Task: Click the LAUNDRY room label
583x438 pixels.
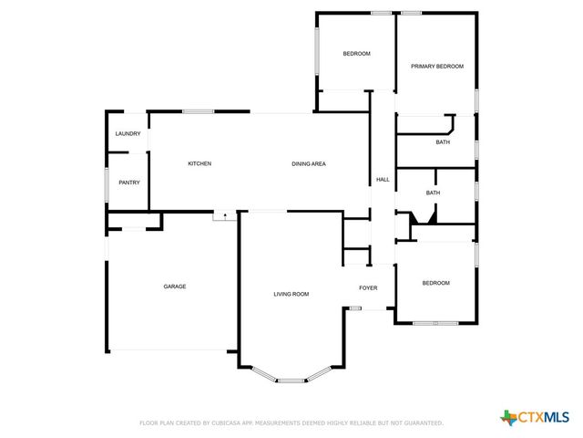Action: pyautogui.click(x=128, y=134)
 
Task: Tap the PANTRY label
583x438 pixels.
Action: pyautogui.click(x=129, y=182)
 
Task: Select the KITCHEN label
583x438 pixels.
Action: pyautogui.click(x=199, y=163)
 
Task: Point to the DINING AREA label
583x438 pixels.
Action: pyautogui.click(x=309, y=163)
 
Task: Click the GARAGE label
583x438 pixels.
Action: pyautogui.click(x=175, y=287)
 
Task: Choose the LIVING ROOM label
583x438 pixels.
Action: pyautogui.click(x=291, y=294)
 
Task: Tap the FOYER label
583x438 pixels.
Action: pyautogui.click(x=368, y=287)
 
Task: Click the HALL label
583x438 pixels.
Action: pyautogui.click(x=383, y=179)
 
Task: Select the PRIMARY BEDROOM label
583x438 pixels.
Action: pyautogui.click(x=437, y=67)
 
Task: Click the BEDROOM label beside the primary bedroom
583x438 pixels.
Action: pyautogui.click(x=356, y=54)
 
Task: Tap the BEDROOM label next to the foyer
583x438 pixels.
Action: pyautogui.click(x=435, y=283)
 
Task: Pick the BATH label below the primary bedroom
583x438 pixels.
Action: pyautogui.click(x=443, y=142)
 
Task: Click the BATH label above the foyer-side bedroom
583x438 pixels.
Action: pyautogui.click(x=434, y=193)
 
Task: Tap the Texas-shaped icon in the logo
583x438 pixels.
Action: pyautogui.click(x=507, y=417)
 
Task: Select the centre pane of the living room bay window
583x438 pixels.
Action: pyautogui.click(x=291, y=380)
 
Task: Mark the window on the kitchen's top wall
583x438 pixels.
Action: pyautogui.click(x=199, y=111)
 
